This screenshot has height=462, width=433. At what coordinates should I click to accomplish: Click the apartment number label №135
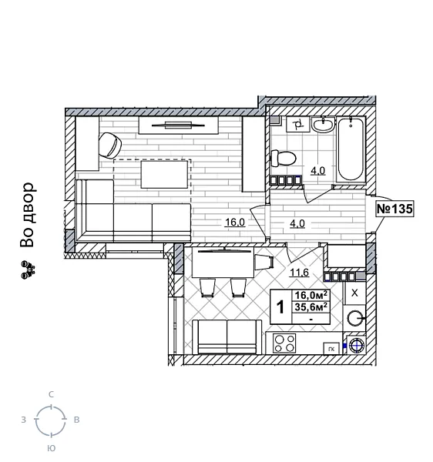394,209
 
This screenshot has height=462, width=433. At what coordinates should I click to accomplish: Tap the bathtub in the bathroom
351,149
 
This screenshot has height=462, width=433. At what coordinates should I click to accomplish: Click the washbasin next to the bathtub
324,125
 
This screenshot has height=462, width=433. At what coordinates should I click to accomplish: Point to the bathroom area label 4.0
317,171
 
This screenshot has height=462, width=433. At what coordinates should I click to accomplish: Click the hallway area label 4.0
297,224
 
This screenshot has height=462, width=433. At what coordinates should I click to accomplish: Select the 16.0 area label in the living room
234,222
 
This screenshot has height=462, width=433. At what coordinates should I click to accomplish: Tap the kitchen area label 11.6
299,273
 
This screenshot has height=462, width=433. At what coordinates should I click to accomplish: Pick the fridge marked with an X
354,293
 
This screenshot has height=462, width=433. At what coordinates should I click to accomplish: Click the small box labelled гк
331,349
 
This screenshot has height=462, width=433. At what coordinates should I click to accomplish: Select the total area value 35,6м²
311,306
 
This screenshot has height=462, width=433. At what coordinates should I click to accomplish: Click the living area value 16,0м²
311,294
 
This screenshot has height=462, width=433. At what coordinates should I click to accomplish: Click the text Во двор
28,215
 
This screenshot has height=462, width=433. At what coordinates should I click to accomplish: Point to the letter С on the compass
51,394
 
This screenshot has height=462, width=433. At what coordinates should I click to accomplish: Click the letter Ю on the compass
51,448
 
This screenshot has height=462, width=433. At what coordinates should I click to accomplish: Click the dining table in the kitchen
224,264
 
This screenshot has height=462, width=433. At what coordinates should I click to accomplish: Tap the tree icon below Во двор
28,268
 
